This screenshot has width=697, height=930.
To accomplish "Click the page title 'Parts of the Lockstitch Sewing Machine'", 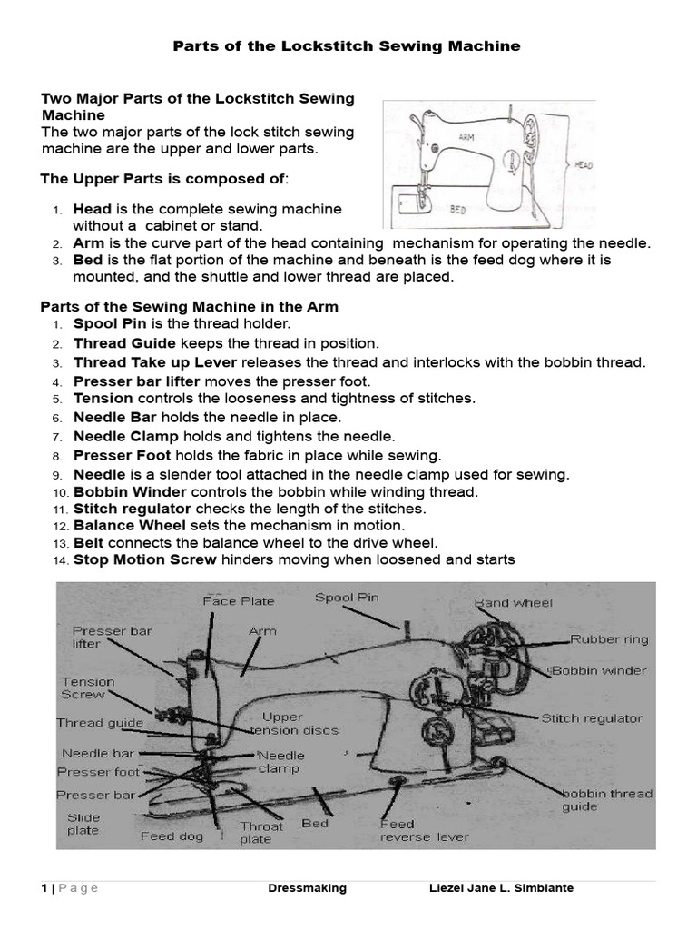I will click(347, 46).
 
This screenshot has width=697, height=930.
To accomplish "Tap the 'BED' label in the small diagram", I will click(458, 209).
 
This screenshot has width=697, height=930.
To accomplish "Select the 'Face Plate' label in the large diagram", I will click(238, 600).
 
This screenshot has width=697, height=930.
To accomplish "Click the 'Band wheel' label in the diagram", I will click(513, 602).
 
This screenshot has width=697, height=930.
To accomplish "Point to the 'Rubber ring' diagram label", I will click(609, 639).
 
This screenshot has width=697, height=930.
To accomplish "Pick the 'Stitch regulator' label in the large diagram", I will click(592, 717).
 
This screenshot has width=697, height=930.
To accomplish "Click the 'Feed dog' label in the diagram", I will click(172, 836).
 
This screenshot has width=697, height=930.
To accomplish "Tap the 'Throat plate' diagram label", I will click(261, 832).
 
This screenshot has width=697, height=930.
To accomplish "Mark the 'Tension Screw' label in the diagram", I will click(87, 688).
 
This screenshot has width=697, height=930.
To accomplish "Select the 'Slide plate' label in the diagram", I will click(83, 824).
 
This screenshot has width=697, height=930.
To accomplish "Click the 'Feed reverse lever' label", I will click(424, 830).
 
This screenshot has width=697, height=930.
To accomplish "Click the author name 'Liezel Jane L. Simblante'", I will click(501, 888).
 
